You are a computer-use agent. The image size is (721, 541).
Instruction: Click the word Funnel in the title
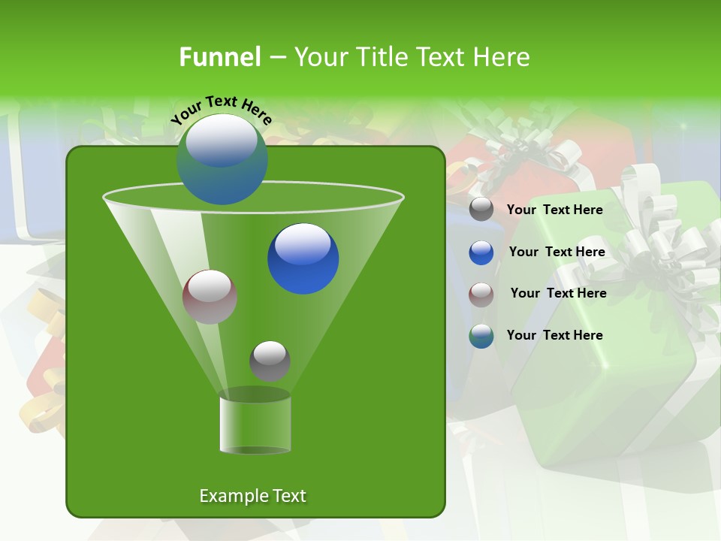click(219, 57)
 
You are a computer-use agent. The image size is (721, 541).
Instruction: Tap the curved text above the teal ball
click(221, 110)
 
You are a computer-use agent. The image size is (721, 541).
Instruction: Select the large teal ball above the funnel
click(222, 159)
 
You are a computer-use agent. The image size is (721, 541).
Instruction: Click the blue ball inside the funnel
click(303, 258)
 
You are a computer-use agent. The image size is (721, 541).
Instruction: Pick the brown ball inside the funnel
click(210, 297)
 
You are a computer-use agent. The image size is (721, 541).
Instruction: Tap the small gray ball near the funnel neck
click(270, 361)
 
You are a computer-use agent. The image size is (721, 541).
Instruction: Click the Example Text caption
click(252, 496)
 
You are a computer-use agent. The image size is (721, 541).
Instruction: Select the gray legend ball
click(481, 210)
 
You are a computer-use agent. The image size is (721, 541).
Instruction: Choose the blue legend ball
click(481, 252)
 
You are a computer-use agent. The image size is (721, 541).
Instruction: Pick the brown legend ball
click(481, 294)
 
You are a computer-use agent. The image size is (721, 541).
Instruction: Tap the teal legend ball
click(481, 336)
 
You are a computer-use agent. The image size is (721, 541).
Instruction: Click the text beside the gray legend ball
click(554, 210)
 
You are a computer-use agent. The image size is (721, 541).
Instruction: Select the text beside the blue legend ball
click(557, 252)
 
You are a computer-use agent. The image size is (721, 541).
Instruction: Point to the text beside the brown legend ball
click(558, 294)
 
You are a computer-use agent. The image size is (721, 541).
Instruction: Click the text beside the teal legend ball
click(554, 336)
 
